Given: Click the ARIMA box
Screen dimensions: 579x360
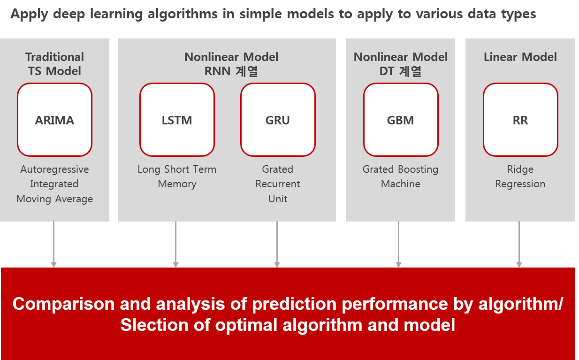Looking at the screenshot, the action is tap(54, 120).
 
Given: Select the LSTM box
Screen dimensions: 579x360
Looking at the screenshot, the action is tap(177, 120).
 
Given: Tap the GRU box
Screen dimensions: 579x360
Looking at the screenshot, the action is tap(278, 120).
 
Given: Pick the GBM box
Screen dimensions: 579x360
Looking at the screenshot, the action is tap(401, 120).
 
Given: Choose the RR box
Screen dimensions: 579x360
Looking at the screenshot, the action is tap(520, 120).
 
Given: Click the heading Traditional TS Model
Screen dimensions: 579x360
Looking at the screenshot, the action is tap(54, 64).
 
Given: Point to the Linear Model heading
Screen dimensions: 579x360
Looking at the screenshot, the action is tap(520, 57).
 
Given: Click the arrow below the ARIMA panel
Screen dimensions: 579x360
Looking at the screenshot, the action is tap(54, 245).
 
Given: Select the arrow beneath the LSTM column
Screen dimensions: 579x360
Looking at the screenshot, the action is tap(176, 245).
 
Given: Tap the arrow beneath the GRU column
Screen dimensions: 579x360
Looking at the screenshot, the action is tap(277, 245).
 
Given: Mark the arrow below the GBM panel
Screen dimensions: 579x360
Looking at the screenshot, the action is tap(398, 245).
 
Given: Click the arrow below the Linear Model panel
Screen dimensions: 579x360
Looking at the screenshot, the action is tap(519, 245).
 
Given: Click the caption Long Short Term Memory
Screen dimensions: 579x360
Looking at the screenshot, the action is tap(177, 176).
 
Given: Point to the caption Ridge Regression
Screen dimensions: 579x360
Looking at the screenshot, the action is tap(520, 176).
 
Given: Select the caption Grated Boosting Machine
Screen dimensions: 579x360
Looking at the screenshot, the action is tap(400, 176).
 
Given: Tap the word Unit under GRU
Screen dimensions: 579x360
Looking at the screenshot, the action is tap(278, 199).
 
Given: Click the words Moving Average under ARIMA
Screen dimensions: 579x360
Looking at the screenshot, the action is tap(54, 199).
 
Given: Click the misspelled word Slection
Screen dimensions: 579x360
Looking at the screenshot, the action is tap(154, 325).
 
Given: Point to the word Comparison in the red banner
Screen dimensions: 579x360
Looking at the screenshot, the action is tap(64, 304).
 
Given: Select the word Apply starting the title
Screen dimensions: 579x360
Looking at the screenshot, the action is tap(29, 14).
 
